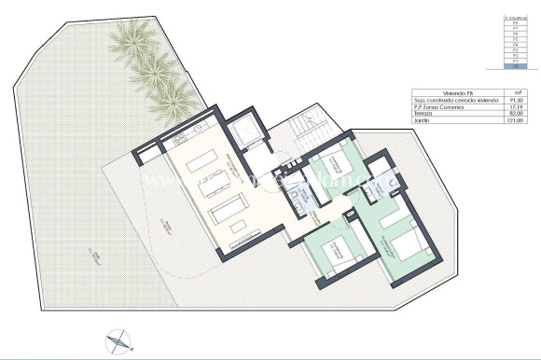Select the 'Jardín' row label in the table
click(x=421, y=122)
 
